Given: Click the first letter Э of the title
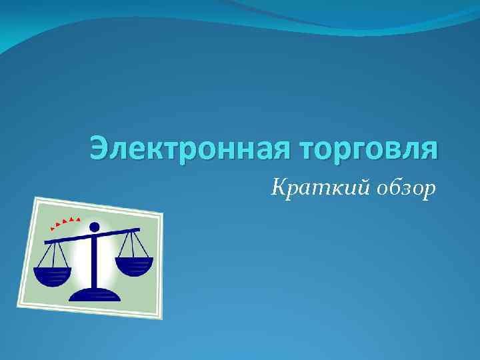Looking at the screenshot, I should (99, 148).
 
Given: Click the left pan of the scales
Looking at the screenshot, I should (53, 275).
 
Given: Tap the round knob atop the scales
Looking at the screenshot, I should (94, 227).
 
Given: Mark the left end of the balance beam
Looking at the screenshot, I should (45, 243).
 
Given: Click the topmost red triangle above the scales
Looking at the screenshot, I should (79, 219).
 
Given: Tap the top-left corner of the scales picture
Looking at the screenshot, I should (36, 198).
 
